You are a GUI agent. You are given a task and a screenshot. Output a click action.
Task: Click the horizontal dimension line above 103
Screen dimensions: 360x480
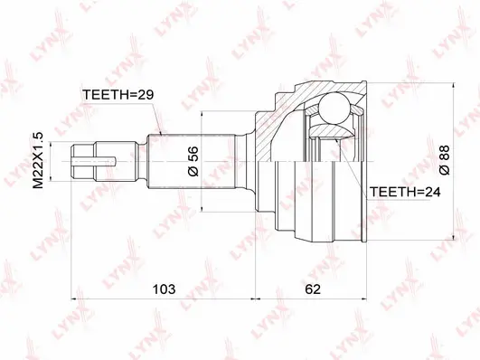(163, 299)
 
